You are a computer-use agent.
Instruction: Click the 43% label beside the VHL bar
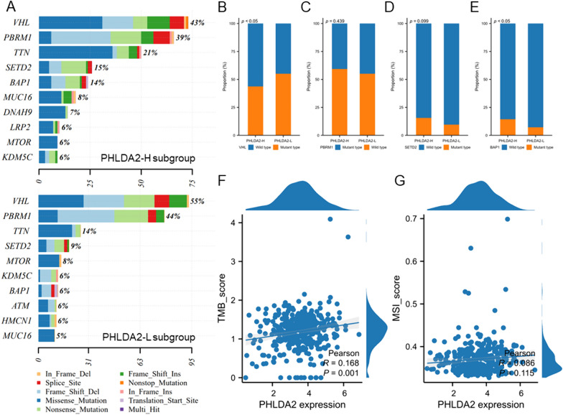tap(197, 24)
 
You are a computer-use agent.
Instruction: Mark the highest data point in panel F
tap(330, 219)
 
